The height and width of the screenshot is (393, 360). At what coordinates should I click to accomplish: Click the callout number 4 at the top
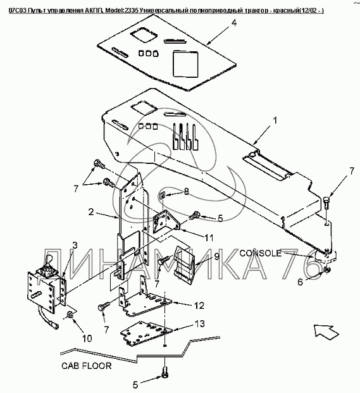click(233, 23)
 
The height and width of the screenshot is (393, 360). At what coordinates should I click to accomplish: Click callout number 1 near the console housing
click(275, 120)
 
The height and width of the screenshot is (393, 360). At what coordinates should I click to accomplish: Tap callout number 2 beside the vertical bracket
click(91, 212)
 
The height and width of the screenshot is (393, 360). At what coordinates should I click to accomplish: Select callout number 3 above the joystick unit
click(75, 245)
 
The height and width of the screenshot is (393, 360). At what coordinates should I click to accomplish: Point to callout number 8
click(186, 192)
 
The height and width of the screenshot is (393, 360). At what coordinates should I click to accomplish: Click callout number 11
click(209, 237)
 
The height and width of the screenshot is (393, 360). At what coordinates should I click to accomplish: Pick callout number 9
click(217, 256)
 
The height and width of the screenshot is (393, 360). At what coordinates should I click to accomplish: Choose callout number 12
click(199, 306)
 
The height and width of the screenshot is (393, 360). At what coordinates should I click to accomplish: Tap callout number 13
click(199, 324)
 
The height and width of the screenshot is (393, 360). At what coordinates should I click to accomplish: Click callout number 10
click(87, 339)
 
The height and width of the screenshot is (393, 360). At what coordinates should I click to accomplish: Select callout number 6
click(300, 282)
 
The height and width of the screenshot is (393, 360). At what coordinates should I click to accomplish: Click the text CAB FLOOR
click(87, 366)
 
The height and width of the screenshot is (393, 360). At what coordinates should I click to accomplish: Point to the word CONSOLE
click(261, 253)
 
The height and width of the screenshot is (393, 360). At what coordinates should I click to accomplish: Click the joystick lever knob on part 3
click(49, 258)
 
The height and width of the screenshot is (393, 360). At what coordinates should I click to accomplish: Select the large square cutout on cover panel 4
click(185, 64)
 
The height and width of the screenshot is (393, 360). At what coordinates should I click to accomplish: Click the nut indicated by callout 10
click(70, 315)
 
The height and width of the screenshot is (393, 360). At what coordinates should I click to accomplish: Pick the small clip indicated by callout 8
click(162, 195)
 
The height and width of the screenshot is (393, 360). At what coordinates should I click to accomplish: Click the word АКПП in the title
click(95, 11)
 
